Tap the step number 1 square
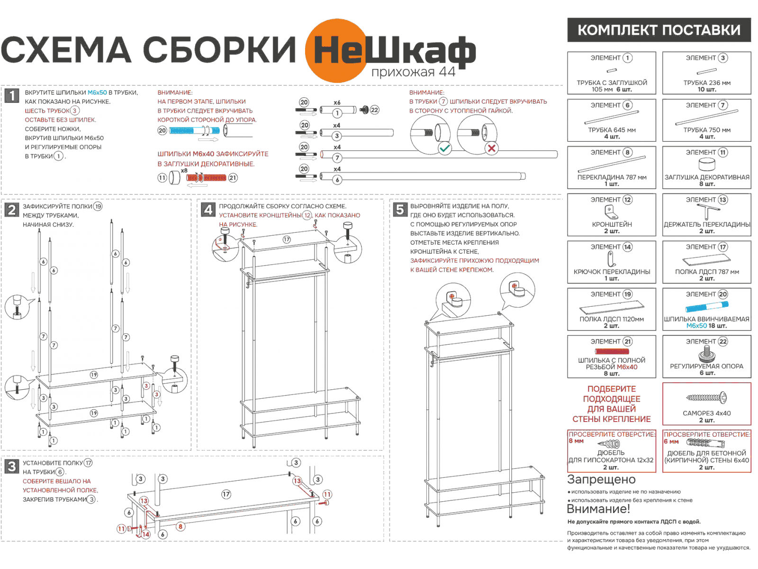pyautogui.click(x=12, y=95)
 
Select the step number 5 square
pyautogui.click(x=400, y=209)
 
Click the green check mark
pyautogui.click(x=445, y=148)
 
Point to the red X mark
pyautogui.click(x=492, y=148)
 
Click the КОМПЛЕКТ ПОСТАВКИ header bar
pyautogui.click(x=659, y=30)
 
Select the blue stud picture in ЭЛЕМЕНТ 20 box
pyautogui.click(x=706, y=307)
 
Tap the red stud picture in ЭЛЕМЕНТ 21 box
pyautogui.click(x=612, y=351)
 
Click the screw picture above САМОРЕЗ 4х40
pyautogui.click(x=706, y=397)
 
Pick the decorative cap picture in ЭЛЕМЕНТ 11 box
pyautogui.click(x=707, y=165)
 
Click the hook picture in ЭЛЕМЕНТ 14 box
pyautogui.click(x=611, y=259)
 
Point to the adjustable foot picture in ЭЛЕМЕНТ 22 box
pyautogui.click(x=706, y=353)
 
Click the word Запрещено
pyautogui.click(x=601, y=479)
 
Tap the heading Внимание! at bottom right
pyautogui.click(x=598, y=509)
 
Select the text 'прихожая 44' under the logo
pyautogui.click(x=413, y=72)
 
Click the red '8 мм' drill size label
pyautogui.click(x=576, y=441)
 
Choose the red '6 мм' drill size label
pyautogui.click(x=671, y=441)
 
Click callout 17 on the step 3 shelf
pyautogui.click(x=226, y=494)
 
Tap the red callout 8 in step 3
pyautogui.click(x=180, y=526)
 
